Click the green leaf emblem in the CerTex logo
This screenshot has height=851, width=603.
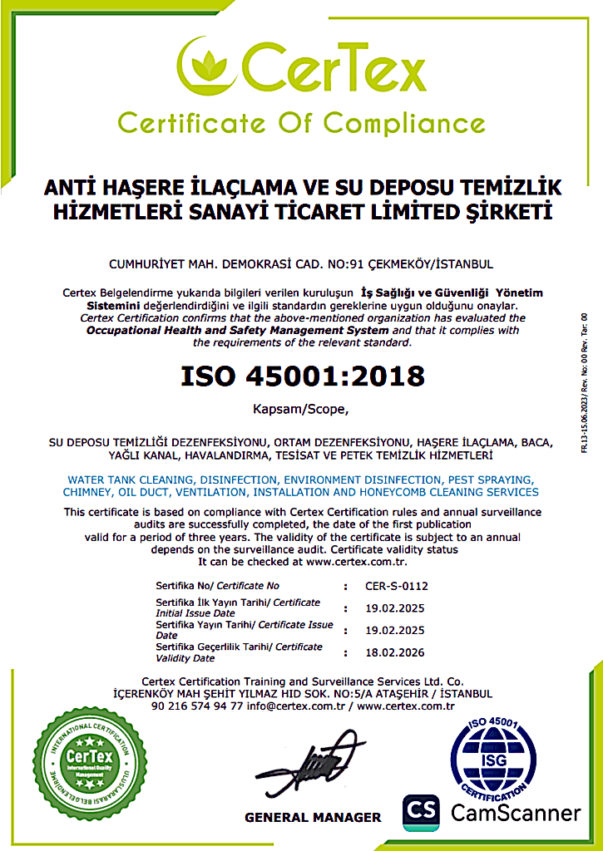(x=208, y=68)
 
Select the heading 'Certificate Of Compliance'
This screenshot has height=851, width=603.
(x=301, y=123)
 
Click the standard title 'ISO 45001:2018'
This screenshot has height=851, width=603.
(x=302, y=376)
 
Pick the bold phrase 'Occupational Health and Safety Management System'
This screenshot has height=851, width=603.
(x=238, y=330)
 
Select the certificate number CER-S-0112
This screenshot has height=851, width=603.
(x=397, y=586)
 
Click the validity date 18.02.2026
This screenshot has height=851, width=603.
(x=395, y=652)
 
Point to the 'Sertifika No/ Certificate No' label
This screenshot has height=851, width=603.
(x=218, y=586)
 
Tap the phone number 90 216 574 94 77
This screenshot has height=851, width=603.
(x=197, y=706)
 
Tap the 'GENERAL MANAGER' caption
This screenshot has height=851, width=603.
(x=313, y=817)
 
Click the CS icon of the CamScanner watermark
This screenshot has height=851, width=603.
(x=422, y=812)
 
